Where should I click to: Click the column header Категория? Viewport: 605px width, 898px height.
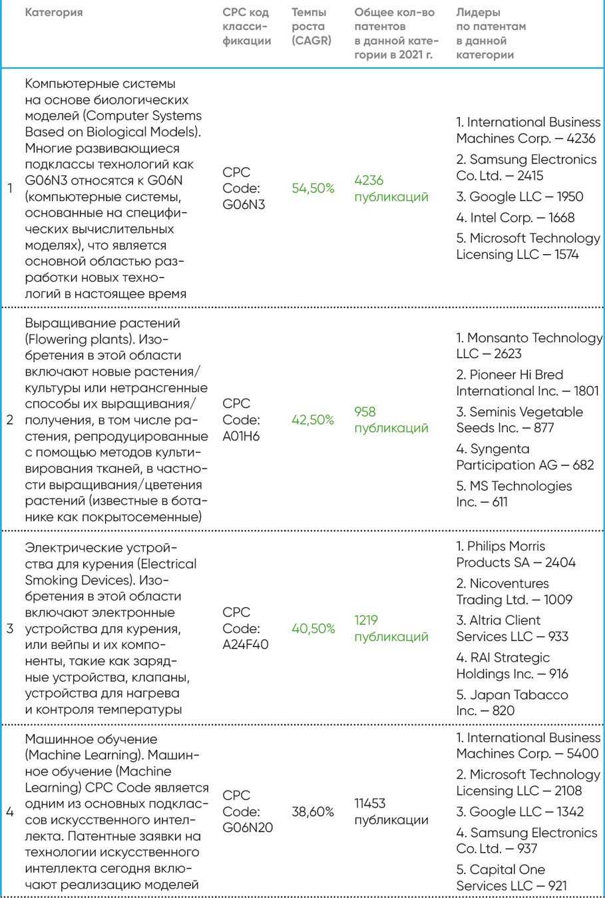(54, 13)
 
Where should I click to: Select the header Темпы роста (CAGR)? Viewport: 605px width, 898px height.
(311, 27)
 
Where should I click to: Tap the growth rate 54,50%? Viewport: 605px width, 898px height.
(313, 188)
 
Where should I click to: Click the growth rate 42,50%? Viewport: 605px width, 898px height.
(313, 420)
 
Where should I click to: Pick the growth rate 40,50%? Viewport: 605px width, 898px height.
(313, 628)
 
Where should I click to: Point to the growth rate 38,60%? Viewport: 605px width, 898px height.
(313, 811)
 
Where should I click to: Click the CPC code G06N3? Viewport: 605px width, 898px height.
(244, 188)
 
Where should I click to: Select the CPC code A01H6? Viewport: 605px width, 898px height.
(242, 420)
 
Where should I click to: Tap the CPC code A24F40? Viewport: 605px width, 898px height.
(246, 628)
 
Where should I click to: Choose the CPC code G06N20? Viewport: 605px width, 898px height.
(248, 811)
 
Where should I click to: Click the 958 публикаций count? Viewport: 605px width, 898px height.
(391, 420)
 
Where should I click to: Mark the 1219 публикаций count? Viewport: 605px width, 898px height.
(391, 628)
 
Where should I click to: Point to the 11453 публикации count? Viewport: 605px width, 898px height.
(391, 811)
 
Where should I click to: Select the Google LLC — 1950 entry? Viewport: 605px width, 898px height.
(519, 197)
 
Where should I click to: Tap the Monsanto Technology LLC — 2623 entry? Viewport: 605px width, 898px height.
(528, 346)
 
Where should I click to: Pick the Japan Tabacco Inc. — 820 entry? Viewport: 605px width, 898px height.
(512, 702)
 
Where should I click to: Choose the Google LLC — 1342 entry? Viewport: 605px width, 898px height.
(520, 812)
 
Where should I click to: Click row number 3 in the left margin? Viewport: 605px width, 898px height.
(10, 628)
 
